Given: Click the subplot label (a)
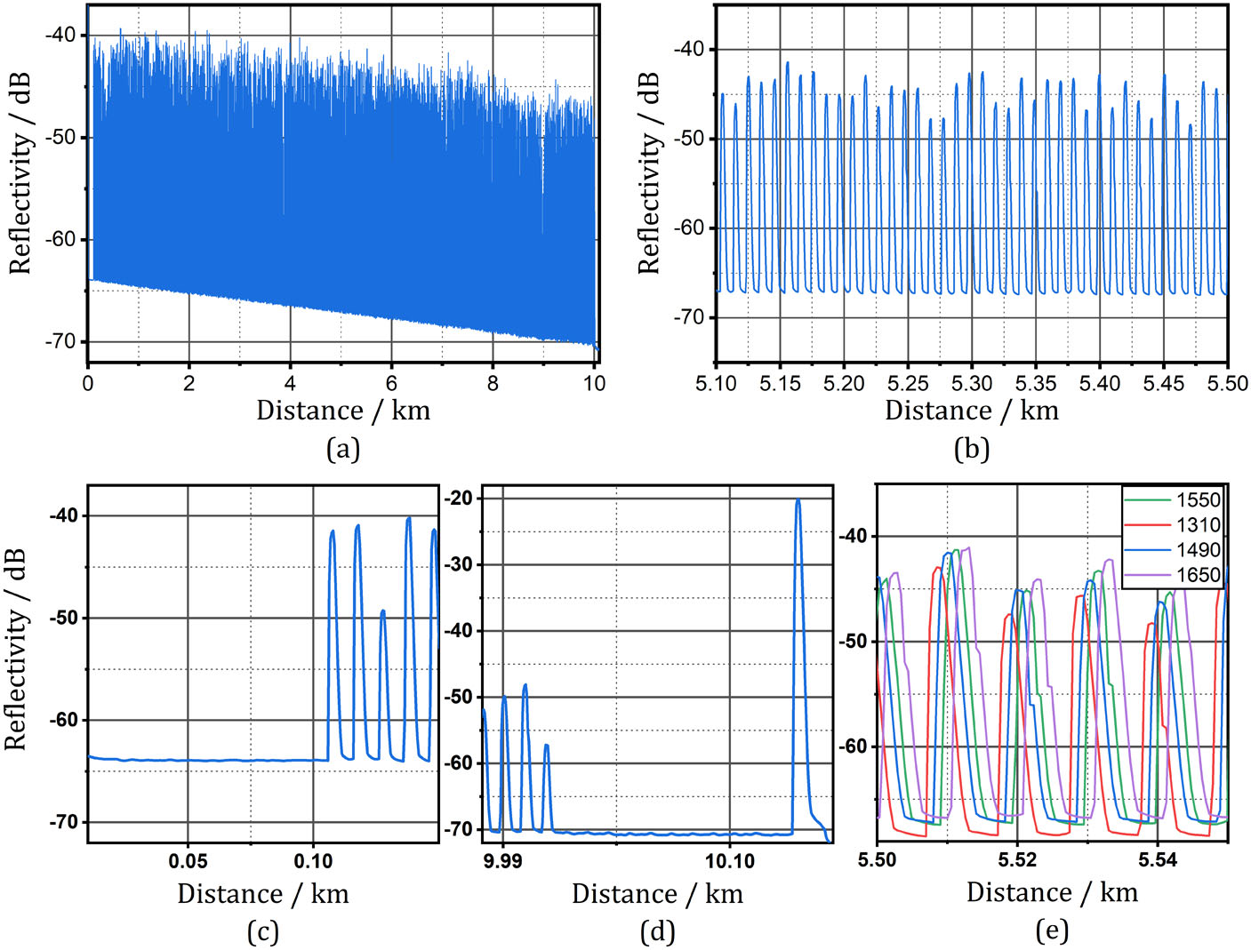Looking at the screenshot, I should [343, 449].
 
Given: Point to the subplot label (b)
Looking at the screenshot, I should [971, 449].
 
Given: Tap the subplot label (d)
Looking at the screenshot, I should [657, 931].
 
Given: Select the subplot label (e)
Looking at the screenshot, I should [1052, 930].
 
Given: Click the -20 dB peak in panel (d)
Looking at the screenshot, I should [798, 501].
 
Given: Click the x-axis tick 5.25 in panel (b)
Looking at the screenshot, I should [907, 384].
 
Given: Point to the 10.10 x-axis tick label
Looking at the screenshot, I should [730, 861].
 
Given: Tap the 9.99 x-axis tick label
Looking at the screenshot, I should [503, 861].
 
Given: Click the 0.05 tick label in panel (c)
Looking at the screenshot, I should [188, 861].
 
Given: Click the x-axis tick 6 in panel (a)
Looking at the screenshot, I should [391, 384].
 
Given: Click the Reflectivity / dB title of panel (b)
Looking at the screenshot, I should [650, 173].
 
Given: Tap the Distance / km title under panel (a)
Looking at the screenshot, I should [343, 411].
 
